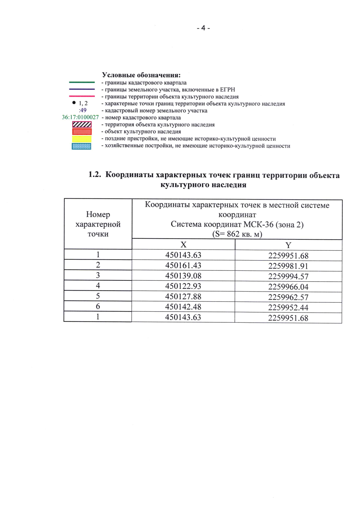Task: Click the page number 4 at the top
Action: click(x=203, y=28)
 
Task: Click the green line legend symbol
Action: click(x=82, y=82)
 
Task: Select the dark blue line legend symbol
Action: click(x=82, y=89)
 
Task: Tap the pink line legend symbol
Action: click(x=82, y=96)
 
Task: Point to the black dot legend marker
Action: click(x=74, y=103)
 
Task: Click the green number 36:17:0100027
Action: click(x=80, y=117)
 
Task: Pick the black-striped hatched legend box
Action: click(x=82, y=124)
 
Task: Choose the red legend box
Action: click(x=82, y=132)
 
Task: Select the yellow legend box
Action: click(x=82, y=139)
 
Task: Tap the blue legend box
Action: click(x=82, y=146)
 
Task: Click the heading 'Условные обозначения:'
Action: click(x=141, y=75)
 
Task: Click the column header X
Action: click(x=183, y=245)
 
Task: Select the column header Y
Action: click(x=288, y=245)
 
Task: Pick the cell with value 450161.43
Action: click(x=183, y=265)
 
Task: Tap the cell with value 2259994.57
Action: click(x=288, y=276)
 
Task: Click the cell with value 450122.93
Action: click(x=183, y=286)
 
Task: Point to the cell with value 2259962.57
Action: click(x=288, y=297)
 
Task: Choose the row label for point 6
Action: click(x=98, y=306)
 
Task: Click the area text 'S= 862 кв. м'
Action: click(x=237, y=234)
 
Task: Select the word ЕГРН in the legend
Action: click(x=227, y=90)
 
